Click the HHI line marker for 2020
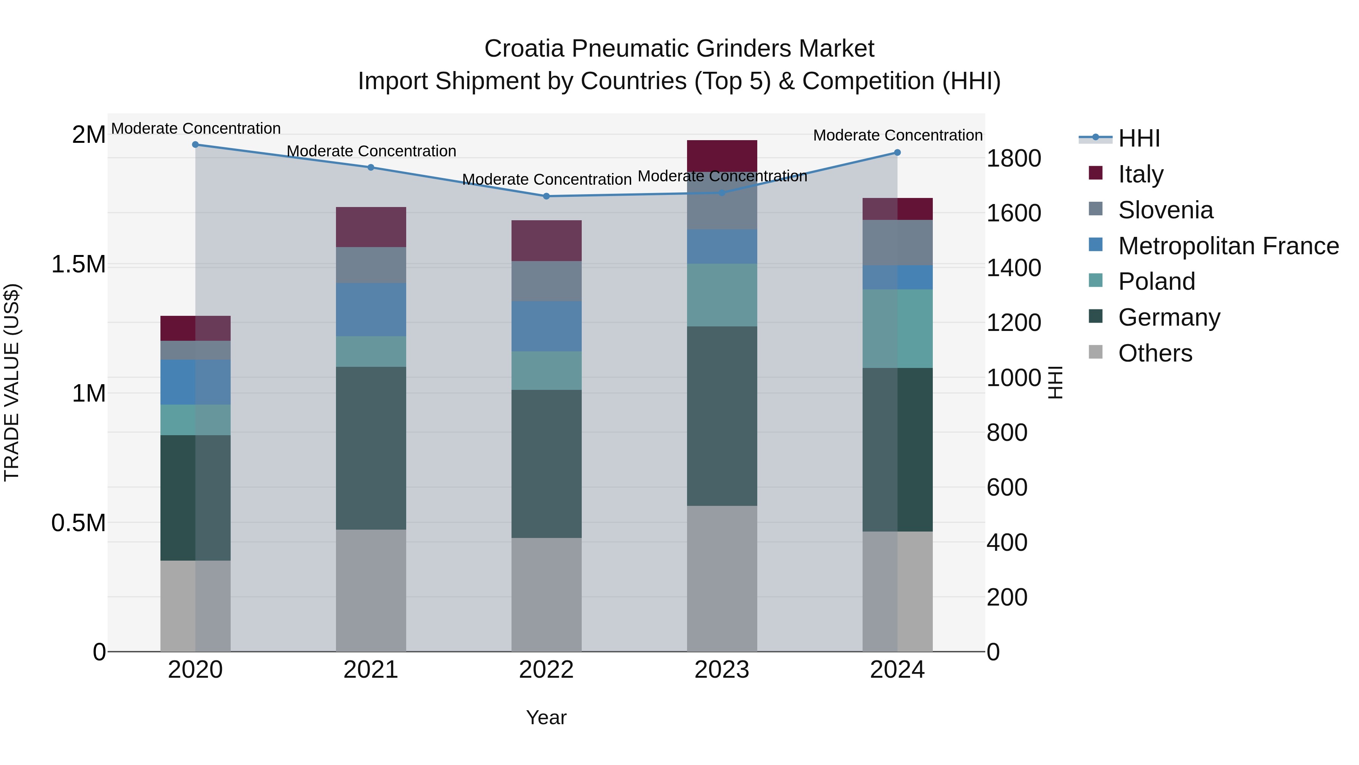click(195, 145)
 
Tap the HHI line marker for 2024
click(897, 153)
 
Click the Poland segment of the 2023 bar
click(722, 295)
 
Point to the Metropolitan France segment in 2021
click(371, 309)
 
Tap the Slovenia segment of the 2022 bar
click(546, 281)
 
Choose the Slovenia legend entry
click(1165, 210)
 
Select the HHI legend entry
click(1139, 138)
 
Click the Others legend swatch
click(1095, 352)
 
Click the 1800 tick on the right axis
click(1013, 158)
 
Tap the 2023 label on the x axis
click(722, 670)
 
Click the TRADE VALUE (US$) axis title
click(12, 382)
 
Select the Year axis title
click(546, 717)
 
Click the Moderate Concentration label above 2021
click(371, 151)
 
